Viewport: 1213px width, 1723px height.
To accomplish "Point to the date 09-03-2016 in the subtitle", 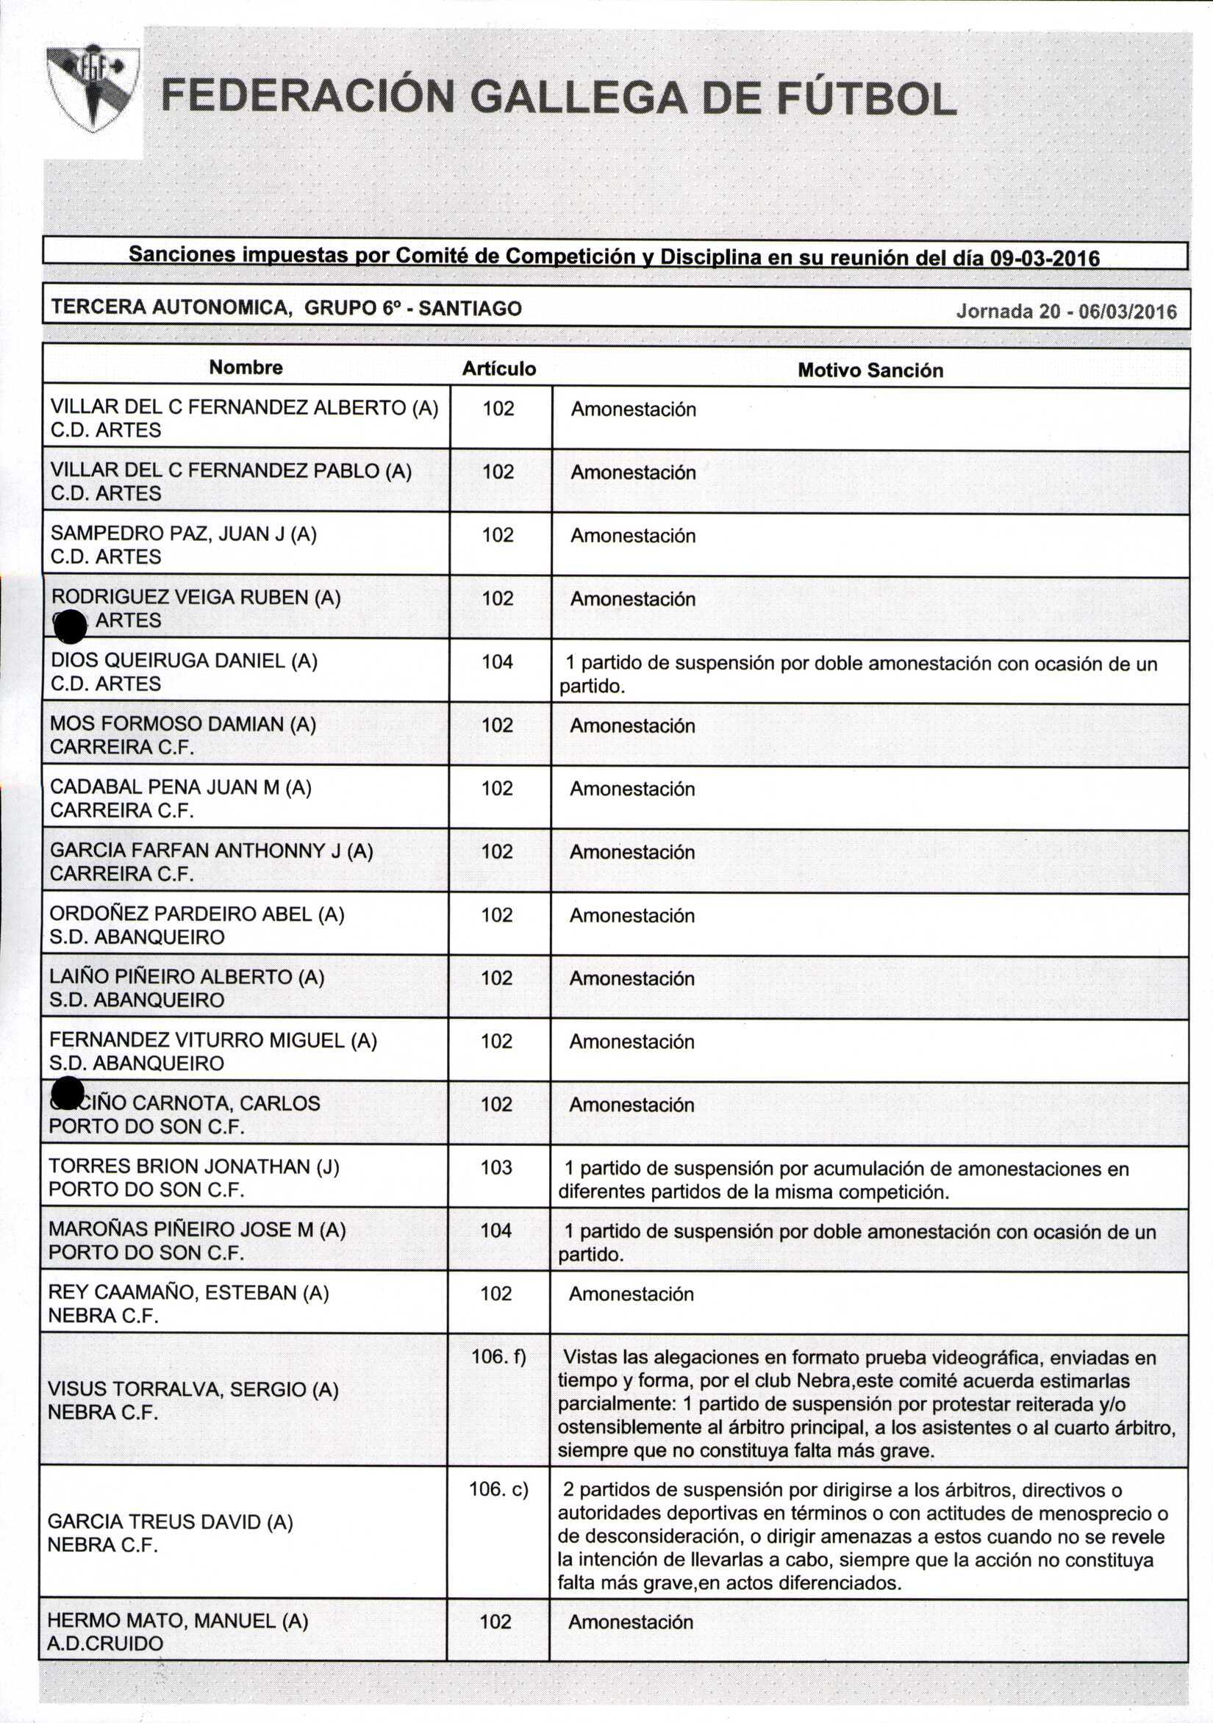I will click(1045, 259).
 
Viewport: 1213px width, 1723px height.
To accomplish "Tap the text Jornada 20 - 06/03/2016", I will click(1067, 312).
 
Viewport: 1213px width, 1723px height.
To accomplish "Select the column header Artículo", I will click(498, 368).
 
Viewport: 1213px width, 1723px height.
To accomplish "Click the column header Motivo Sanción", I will click(870, 370).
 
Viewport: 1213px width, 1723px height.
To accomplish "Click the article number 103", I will click(496, 1167).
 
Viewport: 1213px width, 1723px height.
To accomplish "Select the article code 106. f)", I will click(498, 1356).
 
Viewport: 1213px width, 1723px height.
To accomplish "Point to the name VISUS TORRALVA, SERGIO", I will click(193, 1389).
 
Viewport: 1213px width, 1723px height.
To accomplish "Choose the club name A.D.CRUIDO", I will click(104, 1644).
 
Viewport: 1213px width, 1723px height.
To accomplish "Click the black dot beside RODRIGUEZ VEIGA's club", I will click(71, 626).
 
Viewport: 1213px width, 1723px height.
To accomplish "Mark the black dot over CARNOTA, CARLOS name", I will click(68, 1092).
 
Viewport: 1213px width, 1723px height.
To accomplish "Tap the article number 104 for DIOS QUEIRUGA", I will click(497, 661).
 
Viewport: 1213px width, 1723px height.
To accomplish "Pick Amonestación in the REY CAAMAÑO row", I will click(631, 1294).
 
